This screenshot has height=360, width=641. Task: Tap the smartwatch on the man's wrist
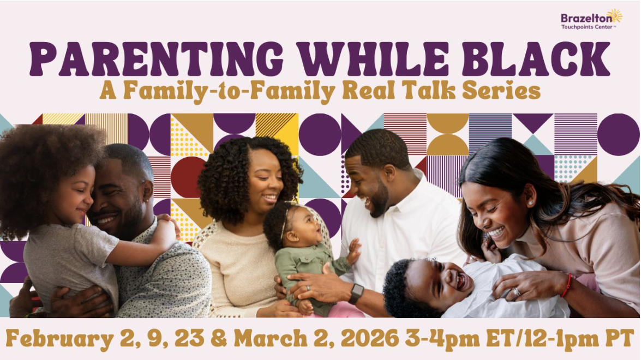(356, 293)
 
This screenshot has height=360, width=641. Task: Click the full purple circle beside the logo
(619, 134)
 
